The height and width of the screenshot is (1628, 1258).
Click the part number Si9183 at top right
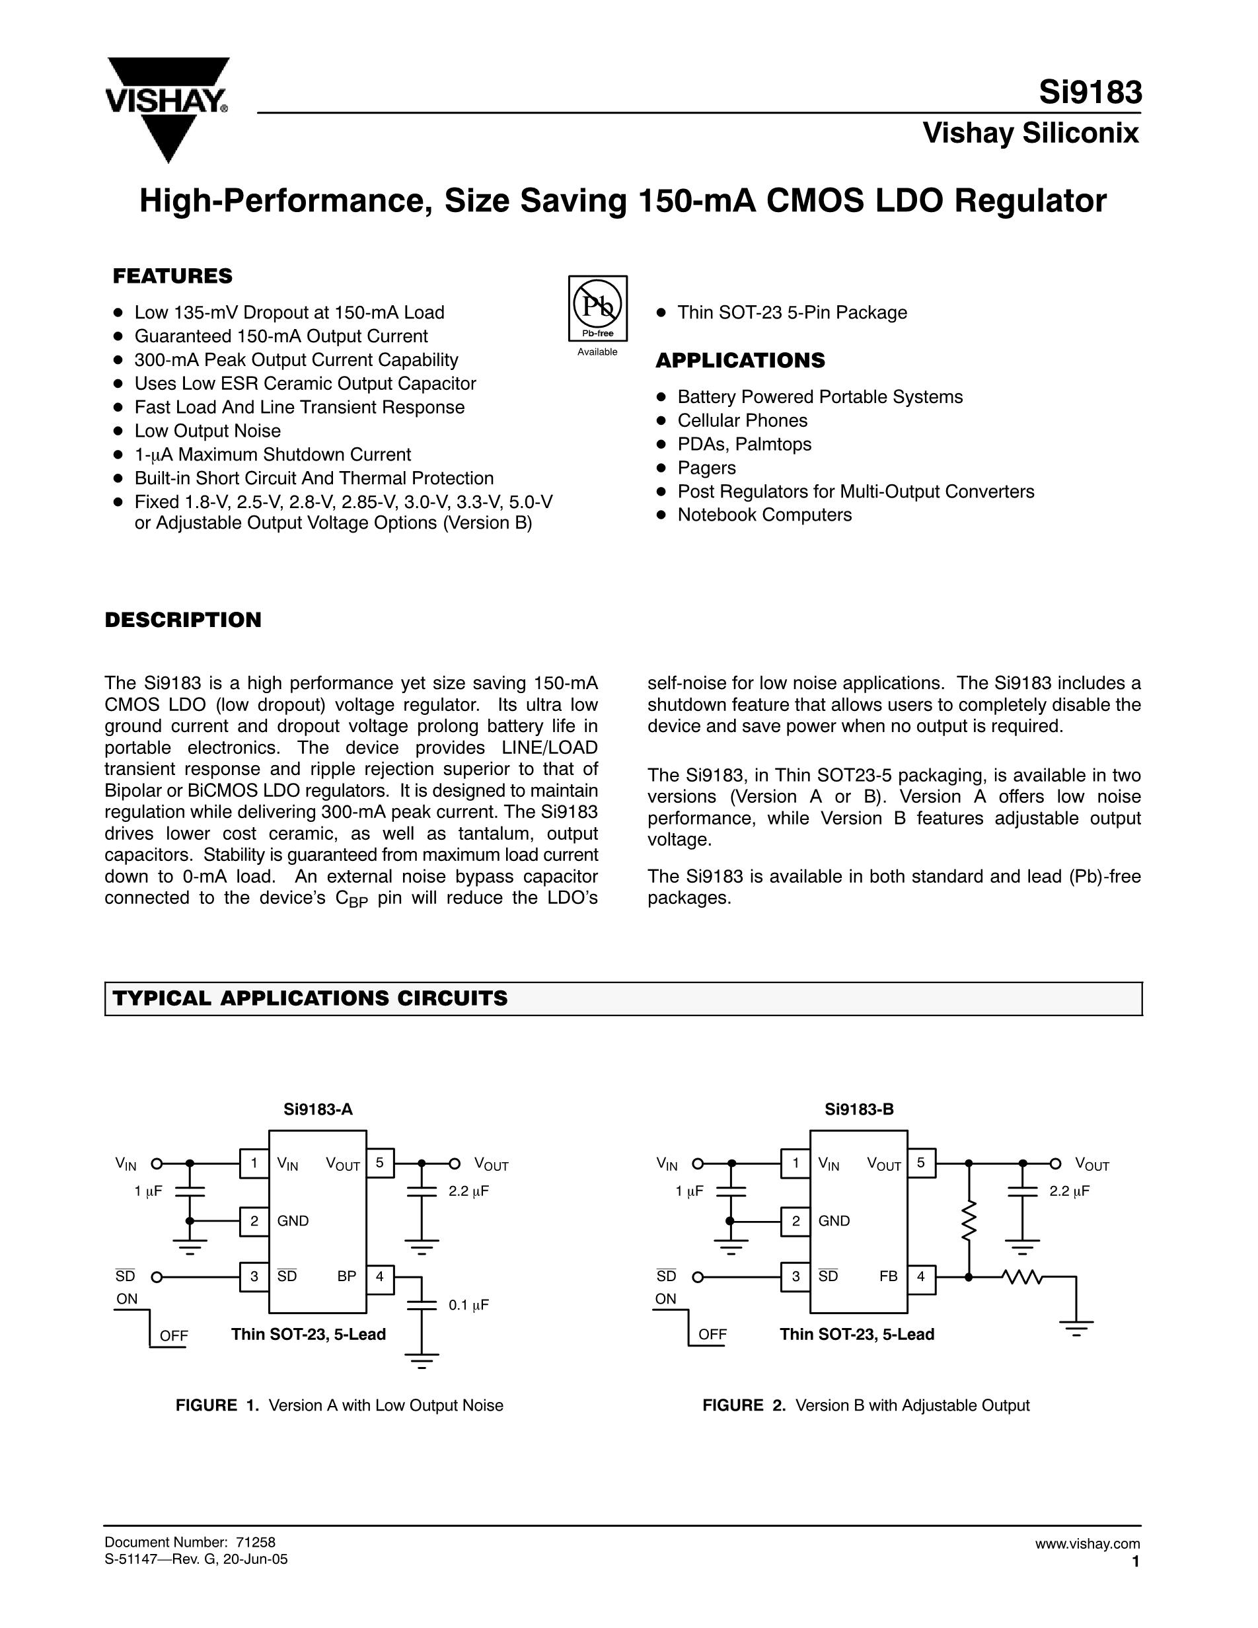1090,92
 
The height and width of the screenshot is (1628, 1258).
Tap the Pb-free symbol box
598,308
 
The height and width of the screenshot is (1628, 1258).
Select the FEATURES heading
172,277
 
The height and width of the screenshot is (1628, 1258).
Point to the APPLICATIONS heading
740,361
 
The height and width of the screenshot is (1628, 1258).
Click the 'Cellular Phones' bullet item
741,420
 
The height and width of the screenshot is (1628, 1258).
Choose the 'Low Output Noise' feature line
207,431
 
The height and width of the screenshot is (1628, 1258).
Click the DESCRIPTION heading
182,620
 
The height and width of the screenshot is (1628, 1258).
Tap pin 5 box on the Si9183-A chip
380,1163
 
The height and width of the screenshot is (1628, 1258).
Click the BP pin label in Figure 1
347,1276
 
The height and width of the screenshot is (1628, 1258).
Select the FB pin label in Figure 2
889,1276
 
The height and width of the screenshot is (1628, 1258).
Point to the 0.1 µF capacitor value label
468,1305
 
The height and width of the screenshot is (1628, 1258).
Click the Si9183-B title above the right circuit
858,1110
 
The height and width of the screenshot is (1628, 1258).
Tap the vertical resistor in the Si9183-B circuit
968,1220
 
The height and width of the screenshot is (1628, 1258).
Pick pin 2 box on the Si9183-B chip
796,1221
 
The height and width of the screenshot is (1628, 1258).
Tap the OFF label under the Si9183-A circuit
174,1336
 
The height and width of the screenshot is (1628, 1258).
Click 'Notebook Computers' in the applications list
764,515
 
